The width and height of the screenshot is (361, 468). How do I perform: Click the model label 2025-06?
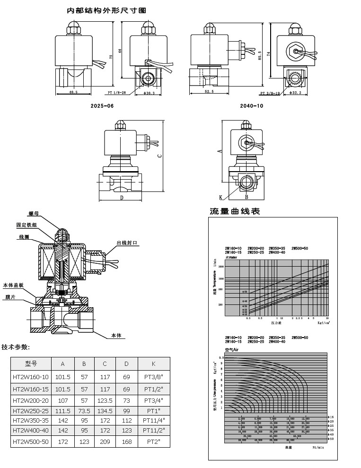tap(102, 106)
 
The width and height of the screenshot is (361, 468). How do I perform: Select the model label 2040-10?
tap(252, 106)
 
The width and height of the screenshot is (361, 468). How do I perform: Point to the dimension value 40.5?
tap(73, 92)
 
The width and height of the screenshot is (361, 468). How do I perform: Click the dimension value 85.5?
tap(259, 56)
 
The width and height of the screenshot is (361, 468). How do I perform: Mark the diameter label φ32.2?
tap(296, 93)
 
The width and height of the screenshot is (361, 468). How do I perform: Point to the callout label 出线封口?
tap(127, 243)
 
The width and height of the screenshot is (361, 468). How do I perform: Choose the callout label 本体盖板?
tap(14, 285)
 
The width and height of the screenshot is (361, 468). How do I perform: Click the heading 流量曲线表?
tap(235, 211)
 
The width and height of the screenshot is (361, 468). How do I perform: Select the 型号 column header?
tap(31, 364)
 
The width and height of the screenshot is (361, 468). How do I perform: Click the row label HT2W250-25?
tap(31, 410)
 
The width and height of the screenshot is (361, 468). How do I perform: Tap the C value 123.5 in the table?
tap(105, 400)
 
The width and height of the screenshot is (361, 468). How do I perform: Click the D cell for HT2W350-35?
tap(126, 421)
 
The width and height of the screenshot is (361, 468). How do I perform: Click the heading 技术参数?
tap(16, 347)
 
